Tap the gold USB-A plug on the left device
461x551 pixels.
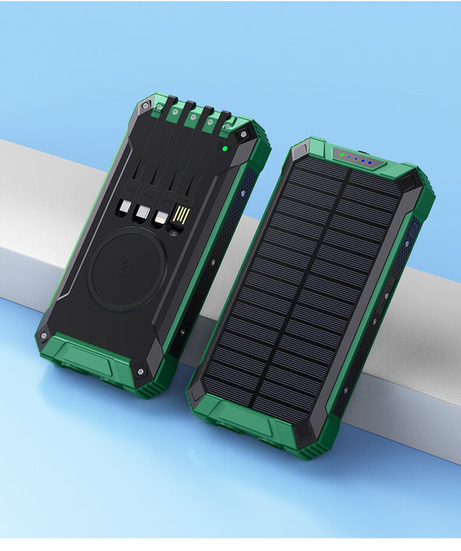[181, 214]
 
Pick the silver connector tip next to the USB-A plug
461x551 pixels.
[161, 216]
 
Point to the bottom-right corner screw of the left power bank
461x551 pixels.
[140, 370]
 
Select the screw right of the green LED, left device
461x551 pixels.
[243, 135]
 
